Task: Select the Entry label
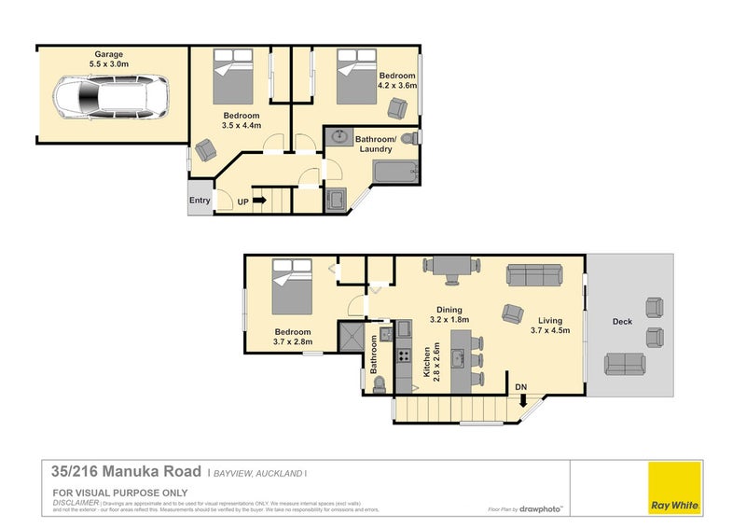point(200,201)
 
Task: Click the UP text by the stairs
point(242,201)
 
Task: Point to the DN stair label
point(520,385)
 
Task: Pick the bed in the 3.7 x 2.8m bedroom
point(291,287)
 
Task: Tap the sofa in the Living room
point(534,275)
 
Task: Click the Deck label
point(623,323)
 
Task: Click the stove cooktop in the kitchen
point(404,354)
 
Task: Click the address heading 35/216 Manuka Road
point(126,472)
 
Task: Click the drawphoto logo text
point(543,509)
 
